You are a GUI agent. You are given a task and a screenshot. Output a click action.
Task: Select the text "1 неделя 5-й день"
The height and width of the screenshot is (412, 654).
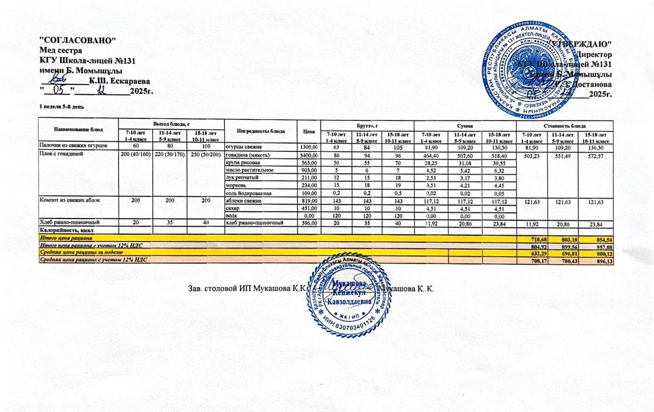(58, 106)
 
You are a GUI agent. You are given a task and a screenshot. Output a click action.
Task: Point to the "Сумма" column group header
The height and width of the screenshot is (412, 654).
(464, 125)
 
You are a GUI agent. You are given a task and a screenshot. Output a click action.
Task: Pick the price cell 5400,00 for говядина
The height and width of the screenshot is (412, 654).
(308, 155)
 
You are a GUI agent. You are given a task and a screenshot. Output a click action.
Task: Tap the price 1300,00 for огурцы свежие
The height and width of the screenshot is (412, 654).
(308, 147)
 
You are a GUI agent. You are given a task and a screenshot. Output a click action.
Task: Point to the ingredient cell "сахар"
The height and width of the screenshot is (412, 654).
(233, 208)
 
